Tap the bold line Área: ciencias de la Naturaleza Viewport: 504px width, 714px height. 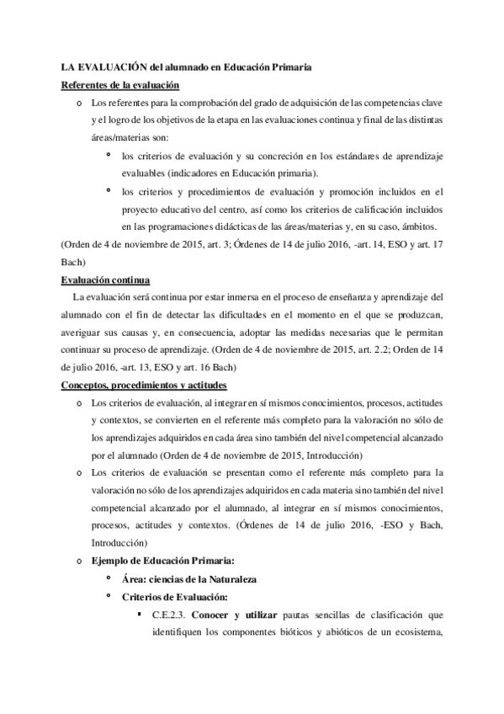coord(188,579)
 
